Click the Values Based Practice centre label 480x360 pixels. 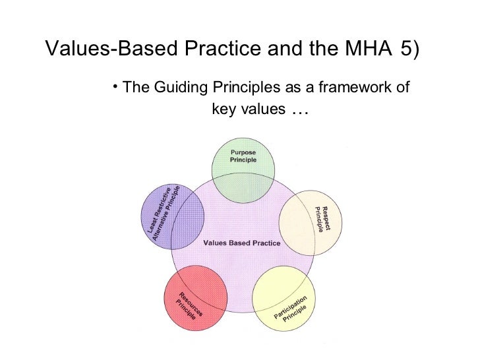click(242, 243)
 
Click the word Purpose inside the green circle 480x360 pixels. click(243, 153)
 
